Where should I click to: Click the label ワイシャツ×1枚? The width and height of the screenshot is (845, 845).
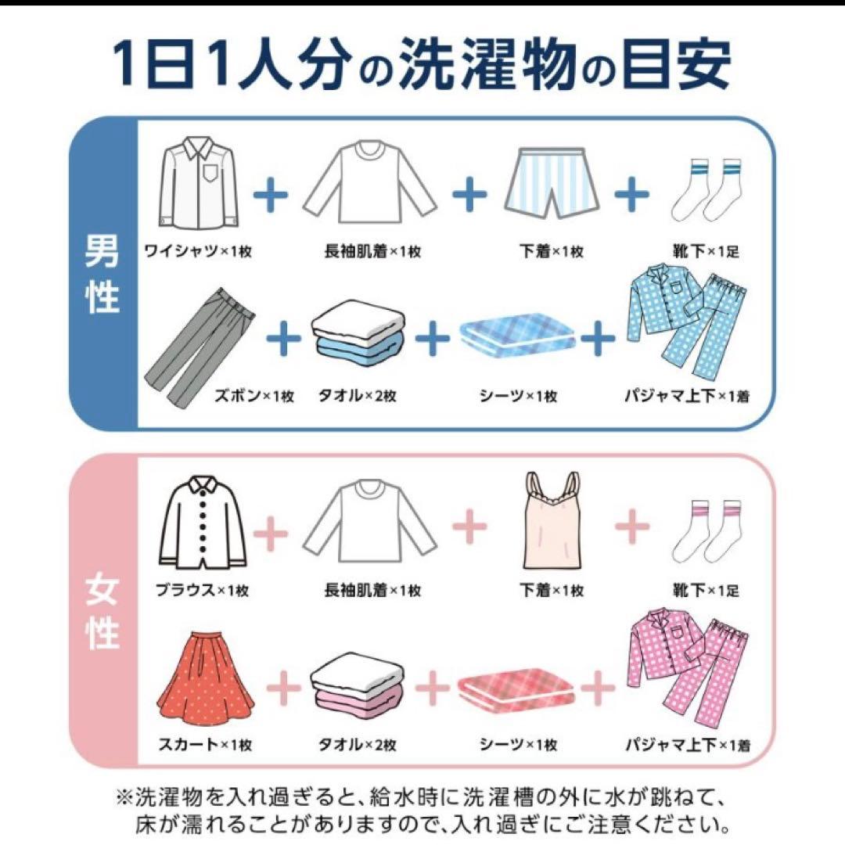[198, 252]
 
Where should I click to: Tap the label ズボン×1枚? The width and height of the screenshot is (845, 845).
[254, 396]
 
